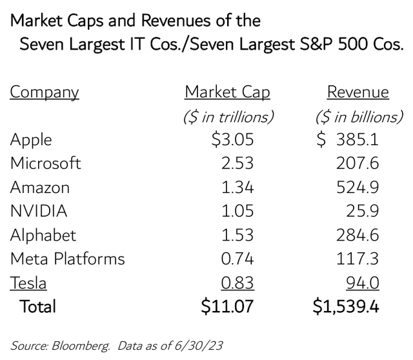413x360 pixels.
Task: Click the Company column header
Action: click(45, 92)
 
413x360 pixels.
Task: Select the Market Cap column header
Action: click(227, 92)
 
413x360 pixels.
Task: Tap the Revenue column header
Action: click(358, 92)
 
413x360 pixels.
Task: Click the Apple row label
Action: click(31, 140)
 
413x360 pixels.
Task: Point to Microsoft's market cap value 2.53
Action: click(237, 164)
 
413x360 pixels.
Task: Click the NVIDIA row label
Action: click(39, 212)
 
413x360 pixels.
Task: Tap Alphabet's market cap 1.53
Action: click(237, 235)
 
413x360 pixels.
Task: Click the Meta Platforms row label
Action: click(68, 259)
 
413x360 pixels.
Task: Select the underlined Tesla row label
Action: click(28, 283)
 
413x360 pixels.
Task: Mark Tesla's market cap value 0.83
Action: click(237, 283)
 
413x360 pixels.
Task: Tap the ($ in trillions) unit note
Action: click(227, 117)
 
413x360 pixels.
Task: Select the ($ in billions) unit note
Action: click(358, 117)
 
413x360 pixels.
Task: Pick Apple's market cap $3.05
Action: click(232, 140)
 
